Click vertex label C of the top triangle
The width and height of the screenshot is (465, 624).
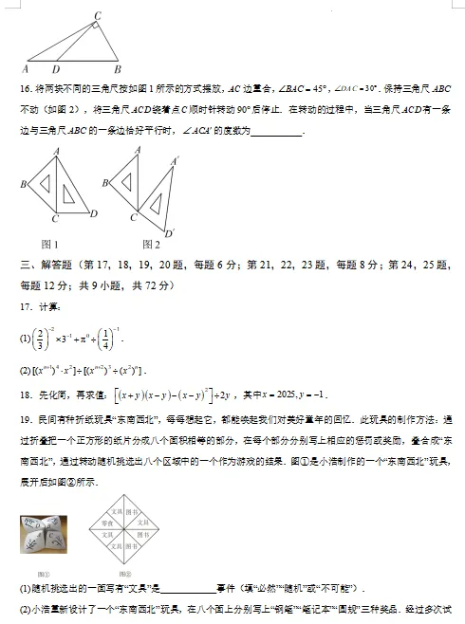(x=98, y=15)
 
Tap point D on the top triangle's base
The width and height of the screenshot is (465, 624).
(x=55, y=69)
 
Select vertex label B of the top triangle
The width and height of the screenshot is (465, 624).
(x=117, y=69)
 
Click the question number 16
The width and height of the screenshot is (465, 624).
(x=26, y=88)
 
